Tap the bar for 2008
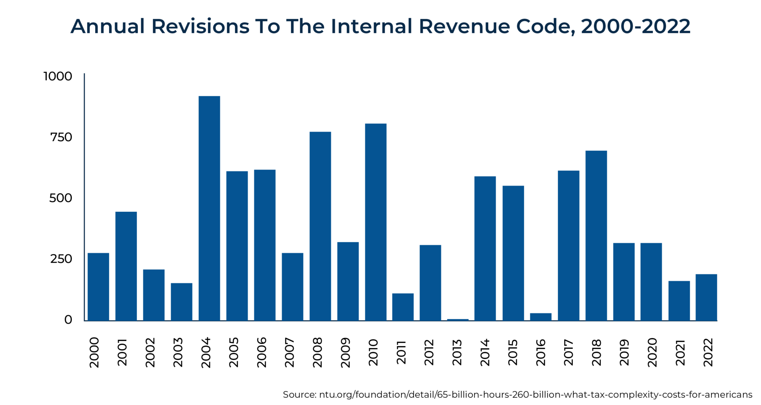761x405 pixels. click(320, 226)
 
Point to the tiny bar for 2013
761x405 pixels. click(458, 319)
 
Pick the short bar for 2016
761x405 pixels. click(541, 317)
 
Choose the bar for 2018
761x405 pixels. click(596, 235)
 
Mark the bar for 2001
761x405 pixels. click(126, 266)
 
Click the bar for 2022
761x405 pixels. click(706, 297)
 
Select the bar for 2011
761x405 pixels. click(403, 307)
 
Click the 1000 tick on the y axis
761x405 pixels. click(58, 76)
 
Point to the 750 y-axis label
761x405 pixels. click(61, 137)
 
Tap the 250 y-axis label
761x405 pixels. click(61, 259)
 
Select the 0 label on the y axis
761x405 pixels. click(68, 320)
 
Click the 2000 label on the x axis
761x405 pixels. click(94, 352)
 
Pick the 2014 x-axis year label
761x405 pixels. click(485, 352)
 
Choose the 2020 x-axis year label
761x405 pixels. click(652, 352)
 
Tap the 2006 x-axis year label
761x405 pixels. click(262, 352)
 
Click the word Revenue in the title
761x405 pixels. click(464, 26)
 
